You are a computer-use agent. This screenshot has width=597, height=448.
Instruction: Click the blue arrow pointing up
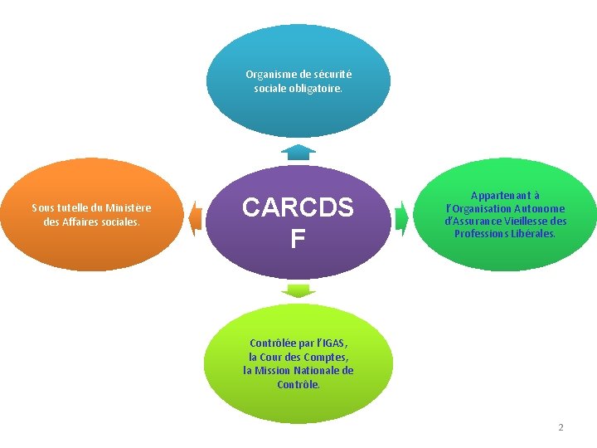298,151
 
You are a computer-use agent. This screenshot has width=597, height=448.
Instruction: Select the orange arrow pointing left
195,217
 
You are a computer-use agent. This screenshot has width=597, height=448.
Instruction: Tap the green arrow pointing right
402,217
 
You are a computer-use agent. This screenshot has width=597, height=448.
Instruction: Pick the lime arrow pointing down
298,290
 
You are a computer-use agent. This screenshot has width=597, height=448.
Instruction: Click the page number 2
561,427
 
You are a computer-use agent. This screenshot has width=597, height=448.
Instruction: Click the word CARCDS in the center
298,208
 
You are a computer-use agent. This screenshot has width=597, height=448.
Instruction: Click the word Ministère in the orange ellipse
129,207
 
